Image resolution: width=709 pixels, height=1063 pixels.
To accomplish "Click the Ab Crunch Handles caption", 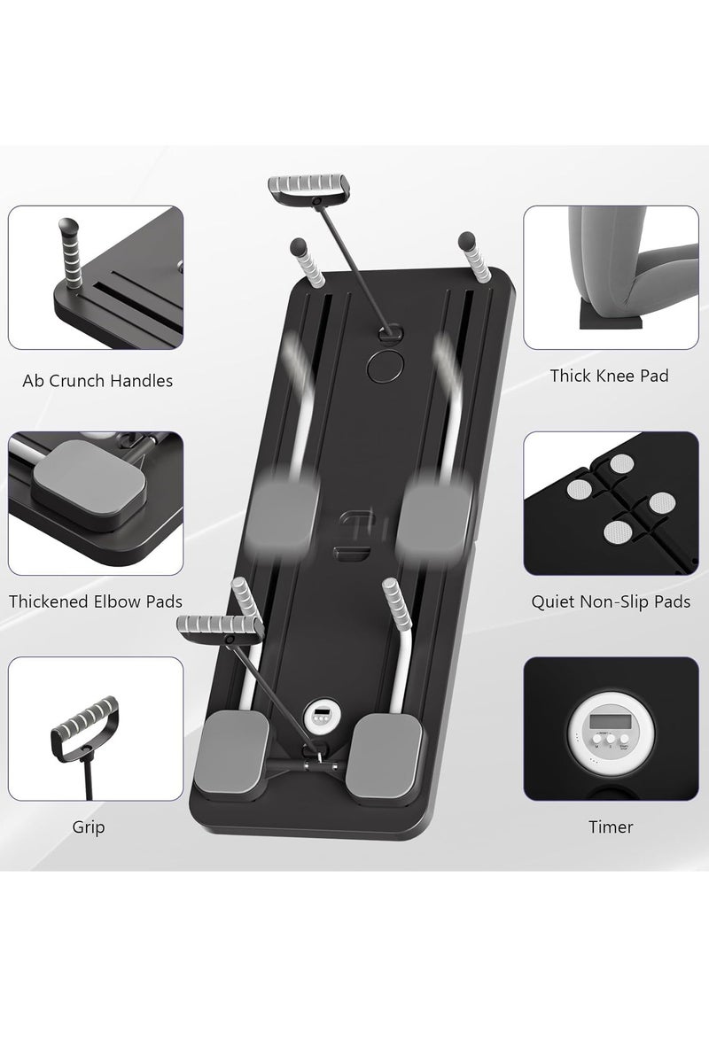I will coord(97,382).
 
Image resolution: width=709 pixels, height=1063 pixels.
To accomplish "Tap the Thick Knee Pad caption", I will coord(609,376).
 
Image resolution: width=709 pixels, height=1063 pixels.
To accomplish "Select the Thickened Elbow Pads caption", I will coord(96,601).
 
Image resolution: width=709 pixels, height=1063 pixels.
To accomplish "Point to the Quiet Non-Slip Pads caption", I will coord(611,602).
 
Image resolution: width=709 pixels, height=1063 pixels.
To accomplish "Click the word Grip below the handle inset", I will coord(89,827).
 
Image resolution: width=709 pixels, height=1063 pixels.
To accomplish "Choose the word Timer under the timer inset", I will coord(611,827).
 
